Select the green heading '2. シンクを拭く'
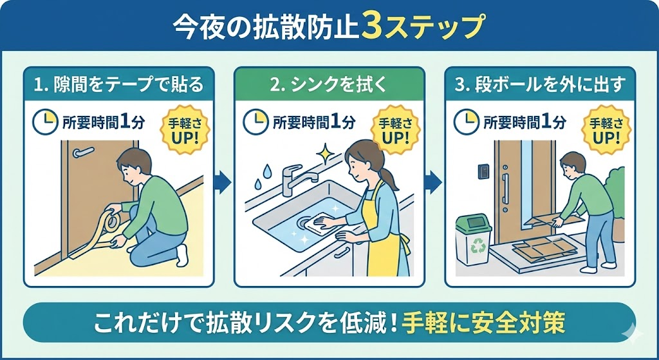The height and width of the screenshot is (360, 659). [328, 84]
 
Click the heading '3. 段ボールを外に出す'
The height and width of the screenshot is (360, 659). [539, 84]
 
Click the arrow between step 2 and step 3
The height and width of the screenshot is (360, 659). [434, 182]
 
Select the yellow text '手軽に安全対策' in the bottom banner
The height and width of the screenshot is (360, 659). [484, 323]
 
